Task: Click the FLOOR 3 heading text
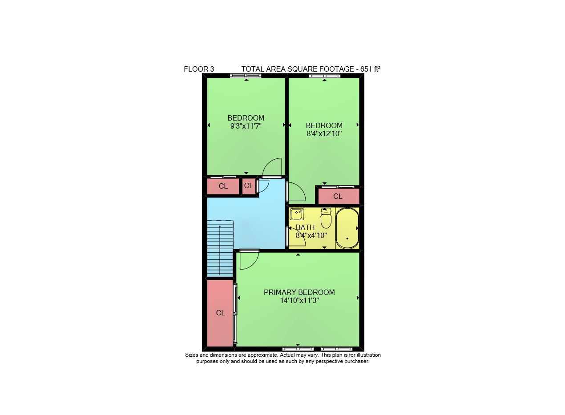(199, 69)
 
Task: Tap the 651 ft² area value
(370, 69)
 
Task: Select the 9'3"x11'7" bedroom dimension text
(246, 126)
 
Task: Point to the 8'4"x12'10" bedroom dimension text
(324, 133)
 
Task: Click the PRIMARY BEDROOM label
(299, 292)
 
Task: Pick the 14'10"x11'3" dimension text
(299, 300)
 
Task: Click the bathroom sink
(297, 214)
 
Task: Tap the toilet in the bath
(326, 218)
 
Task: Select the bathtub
(347, 228)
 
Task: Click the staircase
(220, 249)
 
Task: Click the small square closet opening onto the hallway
(249, 186)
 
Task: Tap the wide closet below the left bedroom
(223, 186)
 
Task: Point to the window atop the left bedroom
(246, 75)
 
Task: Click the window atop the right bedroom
(325, 75)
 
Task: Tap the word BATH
(305, 227)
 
